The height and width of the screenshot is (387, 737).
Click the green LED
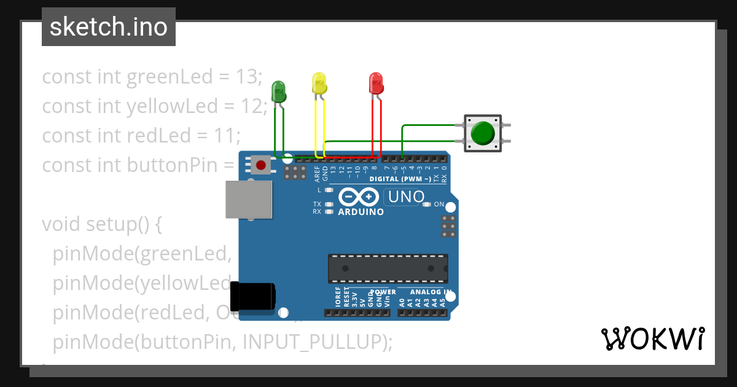coord(279,91)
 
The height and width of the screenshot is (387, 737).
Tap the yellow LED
coord(319,84)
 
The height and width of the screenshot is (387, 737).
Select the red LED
coord(376,83)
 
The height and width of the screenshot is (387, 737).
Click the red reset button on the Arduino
coord(261,165)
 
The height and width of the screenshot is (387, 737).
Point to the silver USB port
coord(241,199)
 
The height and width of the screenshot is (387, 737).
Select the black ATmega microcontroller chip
coord(388,267)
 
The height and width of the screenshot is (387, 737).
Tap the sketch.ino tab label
coord(108,27)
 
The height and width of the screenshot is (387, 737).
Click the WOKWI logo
coord(652,339)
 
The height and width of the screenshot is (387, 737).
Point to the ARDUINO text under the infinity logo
coord(361,212)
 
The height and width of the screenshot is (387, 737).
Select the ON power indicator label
coord(439,204)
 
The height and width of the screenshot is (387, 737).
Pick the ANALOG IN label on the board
coord(431,292)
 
